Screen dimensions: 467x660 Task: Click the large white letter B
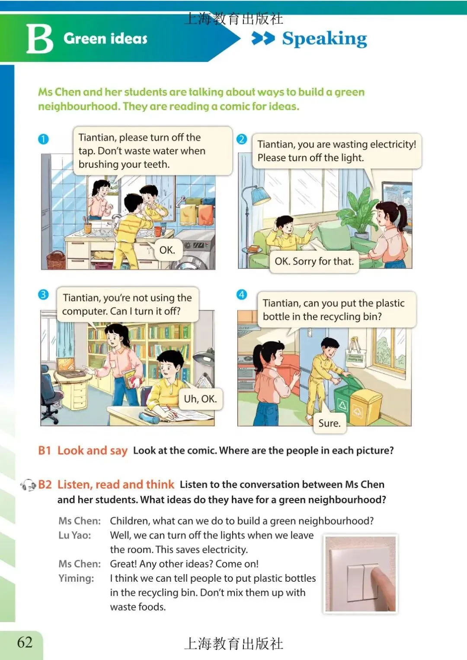pos(39,38)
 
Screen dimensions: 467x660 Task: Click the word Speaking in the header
pos(324,39)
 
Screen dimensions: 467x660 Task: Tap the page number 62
pos(25,642)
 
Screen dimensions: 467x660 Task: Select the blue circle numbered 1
pos(43,139)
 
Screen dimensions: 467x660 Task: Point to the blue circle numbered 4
pos(242,294)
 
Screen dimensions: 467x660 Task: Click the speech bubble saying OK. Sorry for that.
pos(314,261)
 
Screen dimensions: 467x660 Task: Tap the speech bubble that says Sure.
pos(329,423)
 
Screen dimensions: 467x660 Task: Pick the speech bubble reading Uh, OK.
pos(201,399)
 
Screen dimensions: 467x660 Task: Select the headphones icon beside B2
pos(28,485)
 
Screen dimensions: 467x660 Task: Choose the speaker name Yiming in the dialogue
pos(77,578)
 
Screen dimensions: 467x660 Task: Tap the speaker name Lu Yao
pos(75,535)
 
